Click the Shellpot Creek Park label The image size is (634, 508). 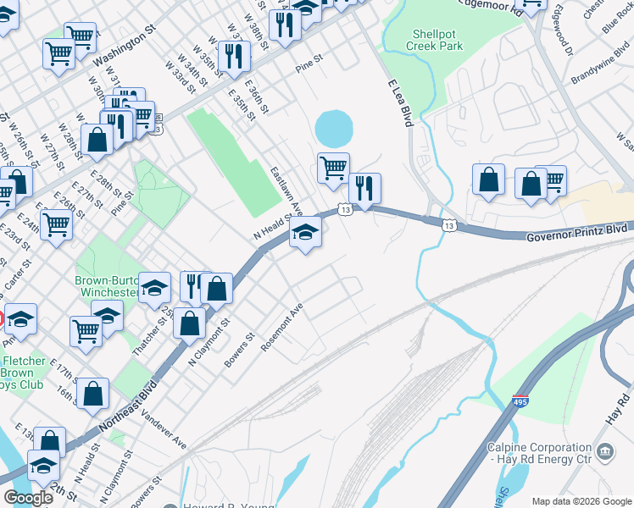coord(437,40)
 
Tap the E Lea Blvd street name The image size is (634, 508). coord(400,103)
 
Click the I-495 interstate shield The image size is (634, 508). coord(520,401)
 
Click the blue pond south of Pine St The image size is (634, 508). coord(333,130)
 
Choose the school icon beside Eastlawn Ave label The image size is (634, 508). coord(305,233)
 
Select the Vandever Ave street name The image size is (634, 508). coord(164,429)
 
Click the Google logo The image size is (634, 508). coord(29,498)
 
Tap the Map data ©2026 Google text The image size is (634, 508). coord(581,501)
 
